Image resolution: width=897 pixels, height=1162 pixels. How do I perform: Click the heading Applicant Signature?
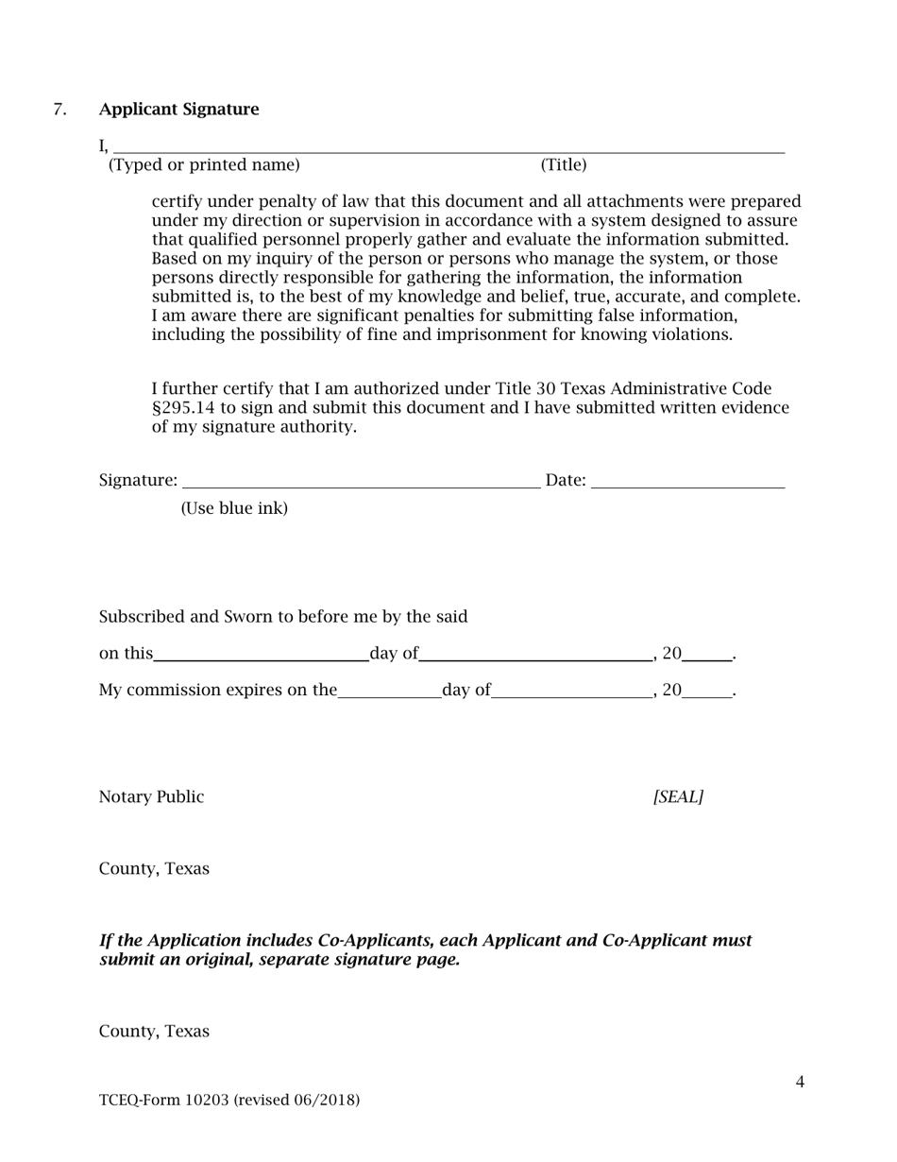click(178, 110)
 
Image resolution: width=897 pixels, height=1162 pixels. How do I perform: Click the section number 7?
click(59, 110)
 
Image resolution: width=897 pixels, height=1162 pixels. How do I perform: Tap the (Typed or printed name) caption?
click(204, 165)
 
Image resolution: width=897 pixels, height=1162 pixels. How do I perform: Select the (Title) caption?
click(564, 165)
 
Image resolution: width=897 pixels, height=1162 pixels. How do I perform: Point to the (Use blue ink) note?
click(234, 508)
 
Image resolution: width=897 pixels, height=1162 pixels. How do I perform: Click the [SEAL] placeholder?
click(678, 797)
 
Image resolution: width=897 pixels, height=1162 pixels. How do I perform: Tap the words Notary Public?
click(151, 797)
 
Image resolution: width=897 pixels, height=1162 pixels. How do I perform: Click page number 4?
click(800, 1083)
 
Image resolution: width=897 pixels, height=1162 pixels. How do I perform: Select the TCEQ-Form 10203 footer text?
click(229, 1101)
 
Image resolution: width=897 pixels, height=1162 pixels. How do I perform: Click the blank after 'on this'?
click(261, 654)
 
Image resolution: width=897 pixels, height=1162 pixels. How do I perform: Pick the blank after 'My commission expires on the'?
click(389, 691)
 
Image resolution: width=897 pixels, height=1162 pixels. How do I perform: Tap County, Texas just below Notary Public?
click(154, 869)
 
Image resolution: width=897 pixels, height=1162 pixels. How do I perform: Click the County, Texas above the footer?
click(154, 1032)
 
